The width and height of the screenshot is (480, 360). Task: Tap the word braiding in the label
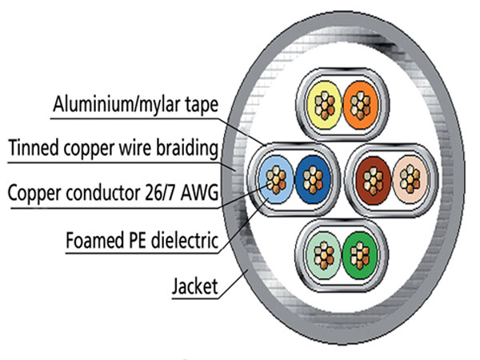(186, 148)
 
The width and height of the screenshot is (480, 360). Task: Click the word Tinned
(30, 148)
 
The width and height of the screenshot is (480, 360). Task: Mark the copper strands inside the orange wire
(358, 105)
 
